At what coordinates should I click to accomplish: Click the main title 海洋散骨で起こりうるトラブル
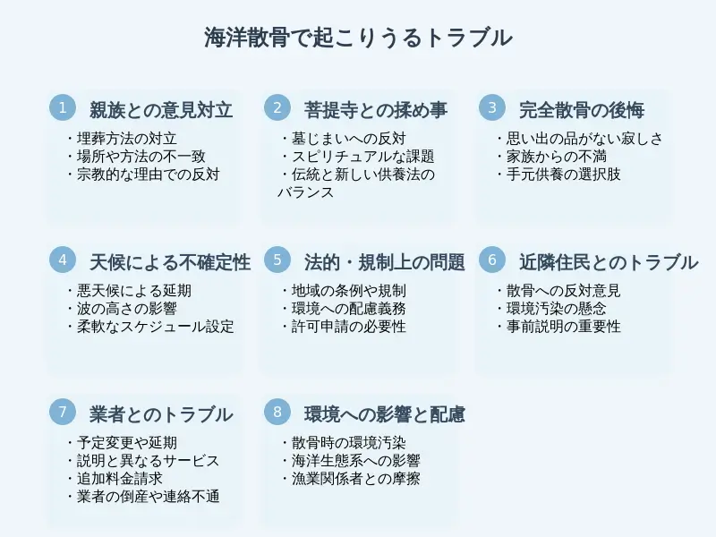point(358,38)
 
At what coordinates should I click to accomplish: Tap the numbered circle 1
point(63,108)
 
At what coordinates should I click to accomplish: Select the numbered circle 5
point(277,260)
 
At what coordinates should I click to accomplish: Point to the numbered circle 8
point(277,413)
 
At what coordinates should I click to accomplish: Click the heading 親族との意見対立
point(161,110)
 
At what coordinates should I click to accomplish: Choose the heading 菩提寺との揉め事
point(376,110)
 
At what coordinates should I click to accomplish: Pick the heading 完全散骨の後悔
point(582,110)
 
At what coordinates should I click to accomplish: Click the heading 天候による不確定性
point(170,262)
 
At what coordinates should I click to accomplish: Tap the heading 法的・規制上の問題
point(385,262)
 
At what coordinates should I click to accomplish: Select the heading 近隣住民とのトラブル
point(609,262)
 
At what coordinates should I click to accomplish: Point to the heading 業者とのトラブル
point(161,414)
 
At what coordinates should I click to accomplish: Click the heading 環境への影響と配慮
point(385,414)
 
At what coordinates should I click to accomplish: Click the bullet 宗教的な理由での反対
point(147,175)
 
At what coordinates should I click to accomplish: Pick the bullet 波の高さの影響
point(125,309)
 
